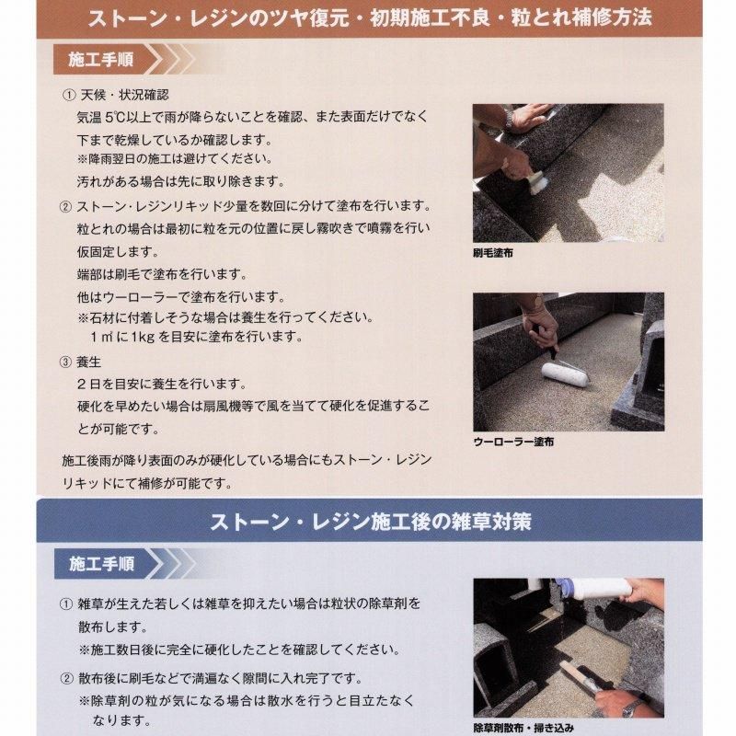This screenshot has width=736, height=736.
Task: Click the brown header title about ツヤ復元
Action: click(x=370, y=17)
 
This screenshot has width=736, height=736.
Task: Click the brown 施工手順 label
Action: click(x=101, y=60)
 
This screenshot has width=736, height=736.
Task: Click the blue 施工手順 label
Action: click(x=102, y=564)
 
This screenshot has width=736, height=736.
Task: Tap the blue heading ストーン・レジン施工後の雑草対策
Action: click(x=371, y=522)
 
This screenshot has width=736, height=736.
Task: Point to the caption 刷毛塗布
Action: click(x=493, y=253)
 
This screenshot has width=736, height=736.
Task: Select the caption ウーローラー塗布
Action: click(x=513, y=442)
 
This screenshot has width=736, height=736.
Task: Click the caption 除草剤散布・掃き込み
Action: click(x=523, y=728)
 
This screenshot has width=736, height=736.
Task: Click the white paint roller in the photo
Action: click(x=565, y=374)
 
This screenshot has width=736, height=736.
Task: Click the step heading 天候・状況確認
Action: click(x=124, y=95)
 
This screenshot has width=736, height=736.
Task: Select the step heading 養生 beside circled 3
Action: click(x=88, y=362)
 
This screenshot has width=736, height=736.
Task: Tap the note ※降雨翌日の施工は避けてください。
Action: click(x=176, y=158)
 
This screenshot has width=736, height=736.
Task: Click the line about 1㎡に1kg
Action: click(x=197, y=337)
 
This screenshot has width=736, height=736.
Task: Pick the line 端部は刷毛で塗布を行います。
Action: click(x=162, y=274)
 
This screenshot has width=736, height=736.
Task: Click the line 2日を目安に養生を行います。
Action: click(x=162, y=384)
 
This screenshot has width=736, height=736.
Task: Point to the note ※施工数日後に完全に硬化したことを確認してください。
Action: click(x=240, y=650)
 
